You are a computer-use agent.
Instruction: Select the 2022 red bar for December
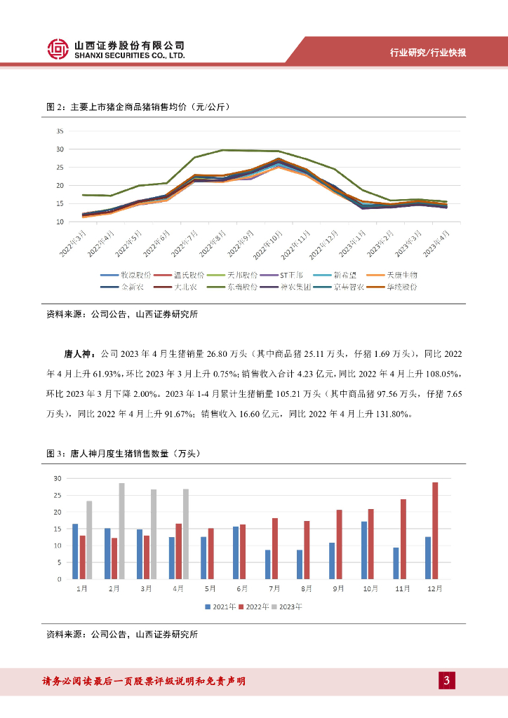[x=435, y=531]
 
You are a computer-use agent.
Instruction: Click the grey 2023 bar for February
[x=121, y=531]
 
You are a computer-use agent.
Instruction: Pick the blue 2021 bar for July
[x=267, y=564]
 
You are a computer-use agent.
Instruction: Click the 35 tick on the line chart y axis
[x=60, y=131]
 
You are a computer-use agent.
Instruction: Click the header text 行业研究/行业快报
[x=428, y=53]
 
